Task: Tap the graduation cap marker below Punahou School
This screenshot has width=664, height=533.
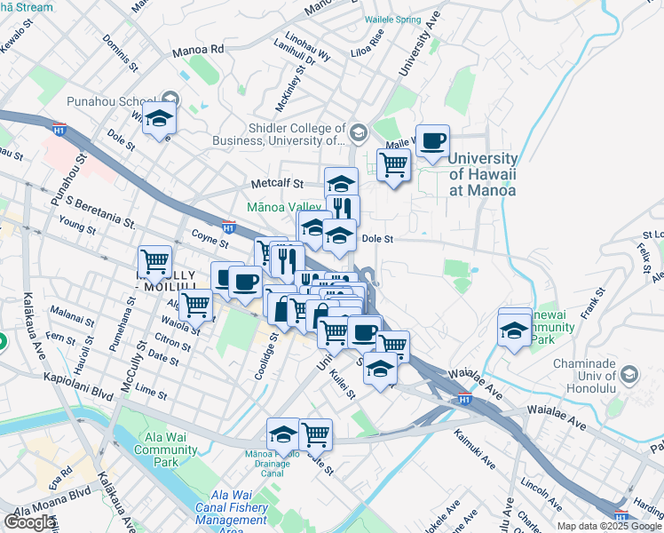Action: pos(159,118)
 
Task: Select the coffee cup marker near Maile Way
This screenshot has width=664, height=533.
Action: pos(432,141)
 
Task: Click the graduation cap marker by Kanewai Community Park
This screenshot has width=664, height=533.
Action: pos(515,329)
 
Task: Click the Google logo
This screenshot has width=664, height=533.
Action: pos(29,522)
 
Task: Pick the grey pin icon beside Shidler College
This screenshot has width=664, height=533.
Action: pos(359,133)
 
